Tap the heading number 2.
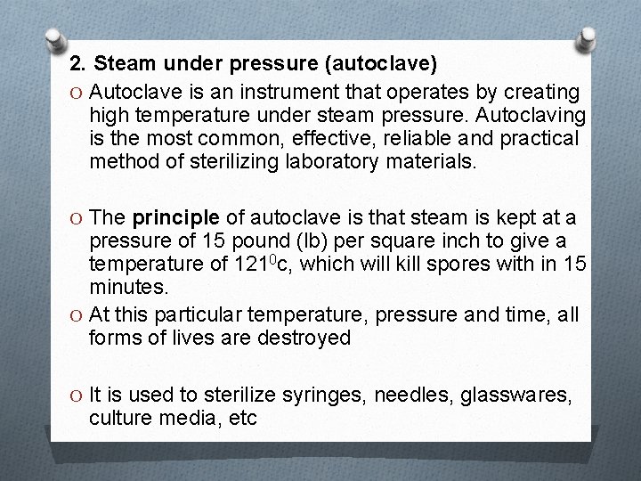[x=77, y=64]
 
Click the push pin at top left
[x=54, y=38]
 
